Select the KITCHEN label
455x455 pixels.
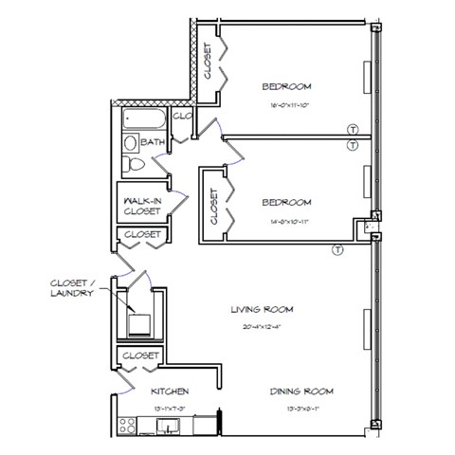click(x=171, y=391)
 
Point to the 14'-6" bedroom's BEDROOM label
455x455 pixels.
click(x=284, y=202)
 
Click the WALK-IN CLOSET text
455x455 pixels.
click(x=142, y=206)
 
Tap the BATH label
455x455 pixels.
click(x=153, y=142)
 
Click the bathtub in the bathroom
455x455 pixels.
click(x=143, y=118)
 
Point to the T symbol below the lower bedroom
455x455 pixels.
click(x=337, y=249)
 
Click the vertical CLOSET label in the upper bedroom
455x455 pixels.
click(x=209, y=60)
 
